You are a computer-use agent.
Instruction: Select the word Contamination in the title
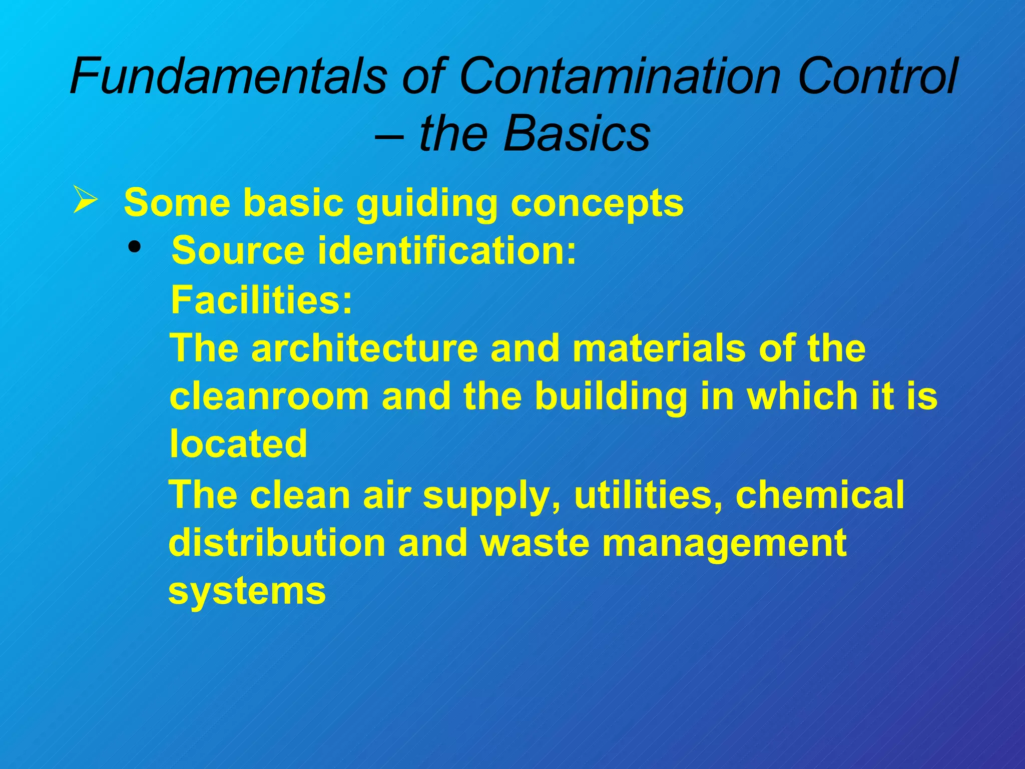pyautogui.click(x=620, y=76)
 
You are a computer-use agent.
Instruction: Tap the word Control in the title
pyautogui.click(x=877, y=76)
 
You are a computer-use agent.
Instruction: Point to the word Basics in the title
pyautogui.click(x=577, y=134)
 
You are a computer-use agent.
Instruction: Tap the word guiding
pyautogui.click(x=426, y=203)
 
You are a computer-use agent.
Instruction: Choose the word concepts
pyautogui.click(x=597, y=204)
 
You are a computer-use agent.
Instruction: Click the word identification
pyautogui.click(x=447, y=250)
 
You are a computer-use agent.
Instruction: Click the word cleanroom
pyautogui.click(x=269, y=397)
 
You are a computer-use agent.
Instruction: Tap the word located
pyautogui.click(x=238, y=444)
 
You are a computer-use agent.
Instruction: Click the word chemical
pyautogui.click(x=820, y=495)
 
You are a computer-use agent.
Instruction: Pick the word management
pyautogui.click(x=724, y=544)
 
